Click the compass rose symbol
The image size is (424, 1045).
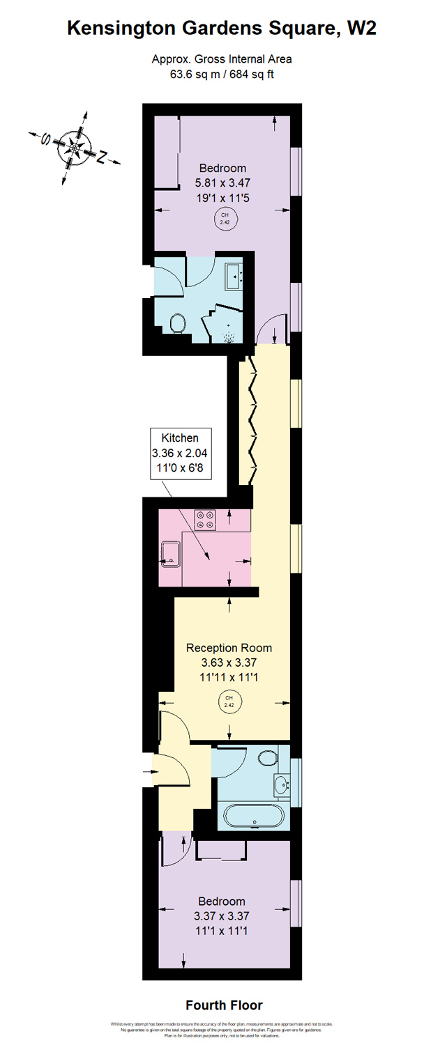[x=73, y=147]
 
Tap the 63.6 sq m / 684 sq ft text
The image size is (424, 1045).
[x=222, y=75]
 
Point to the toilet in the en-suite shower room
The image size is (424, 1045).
[x=177, y=323]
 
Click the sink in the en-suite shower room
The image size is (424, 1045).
[x=233, y=276]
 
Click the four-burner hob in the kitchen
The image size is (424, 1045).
[x=206, y=520]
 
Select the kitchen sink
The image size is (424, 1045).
[x=169, y=554]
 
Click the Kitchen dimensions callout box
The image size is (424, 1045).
[x=180, y=454]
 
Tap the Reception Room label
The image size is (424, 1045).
[x=229, y=648]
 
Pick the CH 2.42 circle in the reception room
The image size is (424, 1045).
[x=229, y=702]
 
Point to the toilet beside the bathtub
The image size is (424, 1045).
[x=268, y=755]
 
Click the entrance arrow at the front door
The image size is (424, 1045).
[x=153, y=772]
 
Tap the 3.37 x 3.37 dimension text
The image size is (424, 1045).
[x=221, y=916]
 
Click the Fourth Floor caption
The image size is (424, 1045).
[x=224, y=1005]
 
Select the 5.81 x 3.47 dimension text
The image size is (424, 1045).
[x=222, y=183]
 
